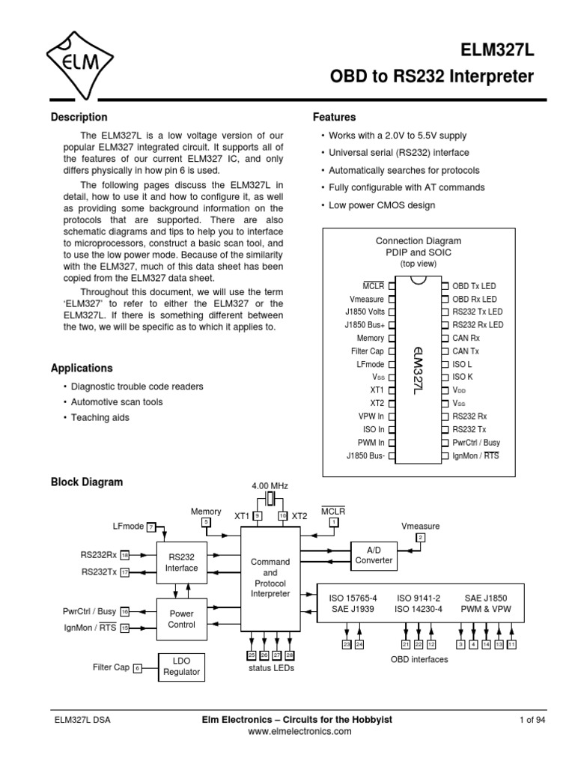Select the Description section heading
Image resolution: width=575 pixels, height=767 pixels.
(79, 118)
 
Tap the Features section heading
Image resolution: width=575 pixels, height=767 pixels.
(334, 118)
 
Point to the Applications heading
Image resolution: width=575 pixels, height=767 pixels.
(81, 369)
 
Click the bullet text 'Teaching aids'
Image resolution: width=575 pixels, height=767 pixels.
(100, 418)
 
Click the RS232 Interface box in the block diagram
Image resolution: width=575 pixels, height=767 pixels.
(182, 563)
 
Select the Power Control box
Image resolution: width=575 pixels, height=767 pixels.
(182, 619)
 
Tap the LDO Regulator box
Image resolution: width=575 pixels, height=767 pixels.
(182, 666)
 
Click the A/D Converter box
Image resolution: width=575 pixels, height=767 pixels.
(374, 555)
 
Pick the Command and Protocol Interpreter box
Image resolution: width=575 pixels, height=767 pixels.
(270, 577)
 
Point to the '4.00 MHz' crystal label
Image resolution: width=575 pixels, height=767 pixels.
(270, 486)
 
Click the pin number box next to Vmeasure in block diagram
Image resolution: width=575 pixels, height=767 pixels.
(420, 538)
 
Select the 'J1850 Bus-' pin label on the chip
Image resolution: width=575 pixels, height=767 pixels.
(365, 455)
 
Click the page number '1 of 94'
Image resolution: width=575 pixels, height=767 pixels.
(532, 720)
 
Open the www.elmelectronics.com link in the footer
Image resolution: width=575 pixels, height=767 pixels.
(288, 732)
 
